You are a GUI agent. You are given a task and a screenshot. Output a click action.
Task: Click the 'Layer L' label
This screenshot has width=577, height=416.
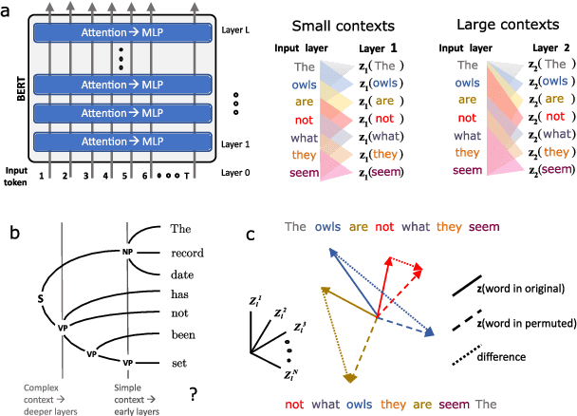coord(236,28)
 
